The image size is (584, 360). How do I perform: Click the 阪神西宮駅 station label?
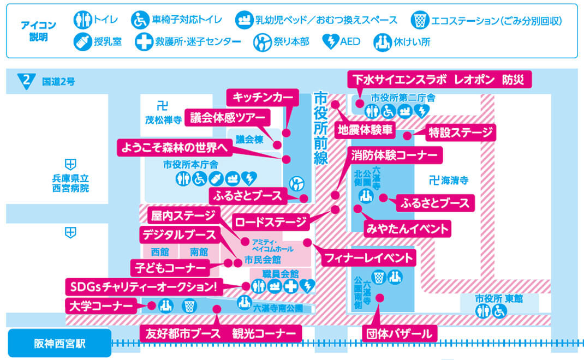pyautogui.click(x=59, y=343)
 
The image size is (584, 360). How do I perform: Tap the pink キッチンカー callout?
pyautogui.click(x=263, y=97)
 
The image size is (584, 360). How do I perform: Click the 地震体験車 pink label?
pyautogui.click(x=365, y=130)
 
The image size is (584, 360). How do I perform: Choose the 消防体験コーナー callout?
pyautogui.click(x=395, y=155)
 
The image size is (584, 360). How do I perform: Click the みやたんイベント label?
pyautogui.click(x=408, y=228)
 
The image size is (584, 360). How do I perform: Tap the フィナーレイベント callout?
pyautogui.click(x=370, y=256)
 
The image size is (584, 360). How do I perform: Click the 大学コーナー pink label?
pyautogui.click(x=100, y=305)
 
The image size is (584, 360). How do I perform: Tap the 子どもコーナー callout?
pyautogui.click(x=170, y=268)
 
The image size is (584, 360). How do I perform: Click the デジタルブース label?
pyautogui.click(x=180, y=236)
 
